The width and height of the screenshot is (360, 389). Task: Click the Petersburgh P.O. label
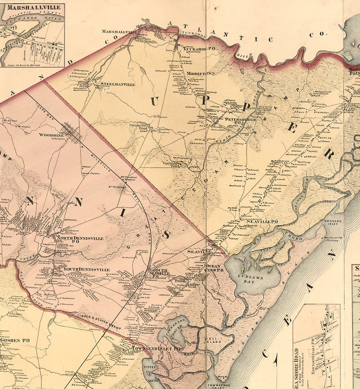[241, 120]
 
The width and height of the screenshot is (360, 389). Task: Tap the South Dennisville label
[86, 269]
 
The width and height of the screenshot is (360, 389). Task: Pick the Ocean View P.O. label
[215, 268]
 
